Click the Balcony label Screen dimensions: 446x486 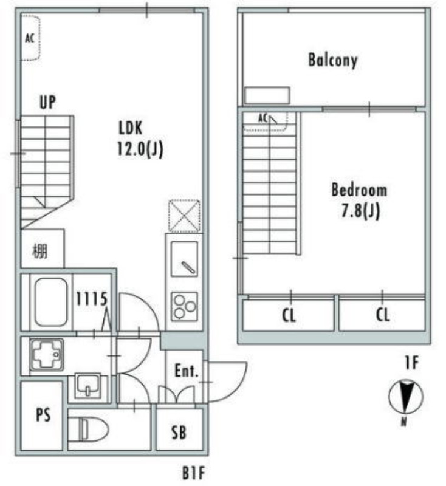[333, 60]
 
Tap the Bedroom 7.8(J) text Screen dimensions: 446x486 [360, 200]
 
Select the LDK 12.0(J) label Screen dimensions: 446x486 [140, 139]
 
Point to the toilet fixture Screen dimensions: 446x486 [88, 430]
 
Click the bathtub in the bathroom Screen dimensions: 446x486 [51, 301]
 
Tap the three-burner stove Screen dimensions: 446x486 [184, 307]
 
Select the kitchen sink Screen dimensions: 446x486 [184, 259]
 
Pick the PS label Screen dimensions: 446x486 [43, 415]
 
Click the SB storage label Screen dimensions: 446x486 [179, 432]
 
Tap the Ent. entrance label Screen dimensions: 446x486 [187, 371]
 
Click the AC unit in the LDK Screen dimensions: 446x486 [30, 38]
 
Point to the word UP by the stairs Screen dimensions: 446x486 [48, 102]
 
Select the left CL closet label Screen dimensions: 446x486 [289, 315]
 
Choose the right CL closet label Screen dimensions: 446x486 [383, 315]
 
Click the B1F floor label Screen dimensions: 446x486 [193, 473]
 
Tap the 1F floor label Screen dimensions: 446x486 [412, 363]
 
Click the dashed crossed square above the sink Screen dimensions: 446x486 [184, 216]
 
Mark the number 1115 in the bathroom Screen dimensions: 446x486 [92, 299]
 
